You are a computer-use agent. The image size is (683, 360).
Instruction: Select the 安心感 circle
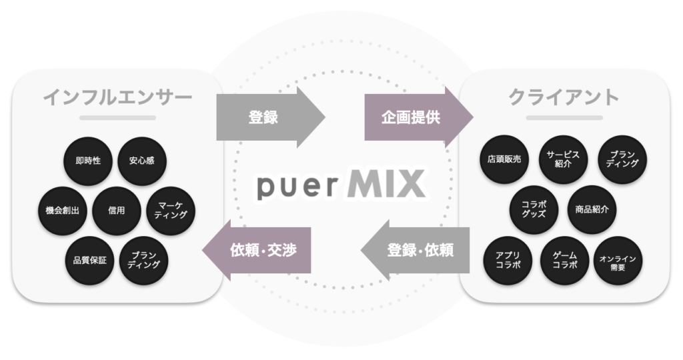(141, 161)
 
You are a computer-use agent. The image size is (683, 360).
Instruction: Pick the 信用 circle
(116, 211)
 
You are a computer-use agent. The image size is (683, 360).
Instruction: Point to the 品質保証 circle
(89, 260)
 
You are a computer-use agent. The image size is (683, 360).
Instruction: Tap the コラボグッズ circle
(534, 209)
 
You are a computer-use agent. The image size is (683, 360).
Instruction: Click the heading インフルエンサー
(117, 97)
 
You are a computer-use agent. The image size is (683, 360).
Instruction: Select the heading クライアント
(564, 97)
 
